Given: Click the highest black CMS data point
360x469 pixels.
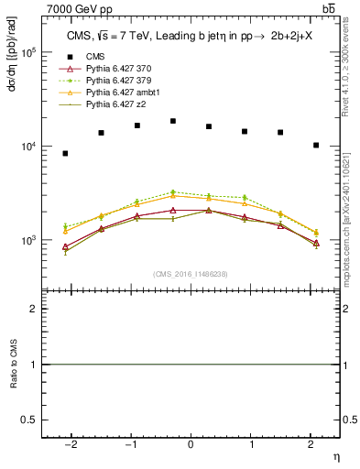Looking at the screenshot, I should pos(173,121).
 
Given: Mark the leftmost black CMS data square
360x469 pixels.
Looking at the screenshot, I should pos(65,153).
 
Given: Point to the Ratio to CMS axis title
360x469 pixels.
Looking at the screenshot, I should pos(13,364).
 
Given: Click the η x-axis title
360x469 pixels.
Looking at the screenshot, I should pos(334,455).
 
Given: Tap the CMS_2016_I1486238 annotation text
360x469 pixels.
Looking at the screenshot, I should pos(191,274).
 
